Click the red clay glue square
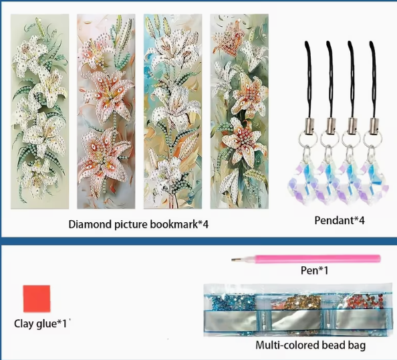[37, 298]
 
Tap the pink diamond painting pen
[306, 259]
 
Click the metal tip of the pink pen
[235, 260]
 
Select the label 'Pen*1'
[315, 270]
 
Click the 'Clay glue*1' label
[41, 324]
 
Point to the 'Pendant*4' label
[340, 220]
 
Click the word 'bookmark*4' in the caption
[179, 224]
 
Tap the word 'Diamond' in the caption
[90, 224]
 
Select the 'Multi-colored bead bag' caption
[311, 345]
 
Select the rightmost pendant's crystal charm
[374, 179]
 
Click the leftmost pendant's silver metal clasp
[309, 126]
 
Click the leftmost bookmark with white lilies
[39, 112]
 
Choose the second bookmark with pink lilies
[106, 112]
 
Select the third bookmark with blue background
[172, 112]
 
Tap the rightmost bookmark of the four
[239, 112]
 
